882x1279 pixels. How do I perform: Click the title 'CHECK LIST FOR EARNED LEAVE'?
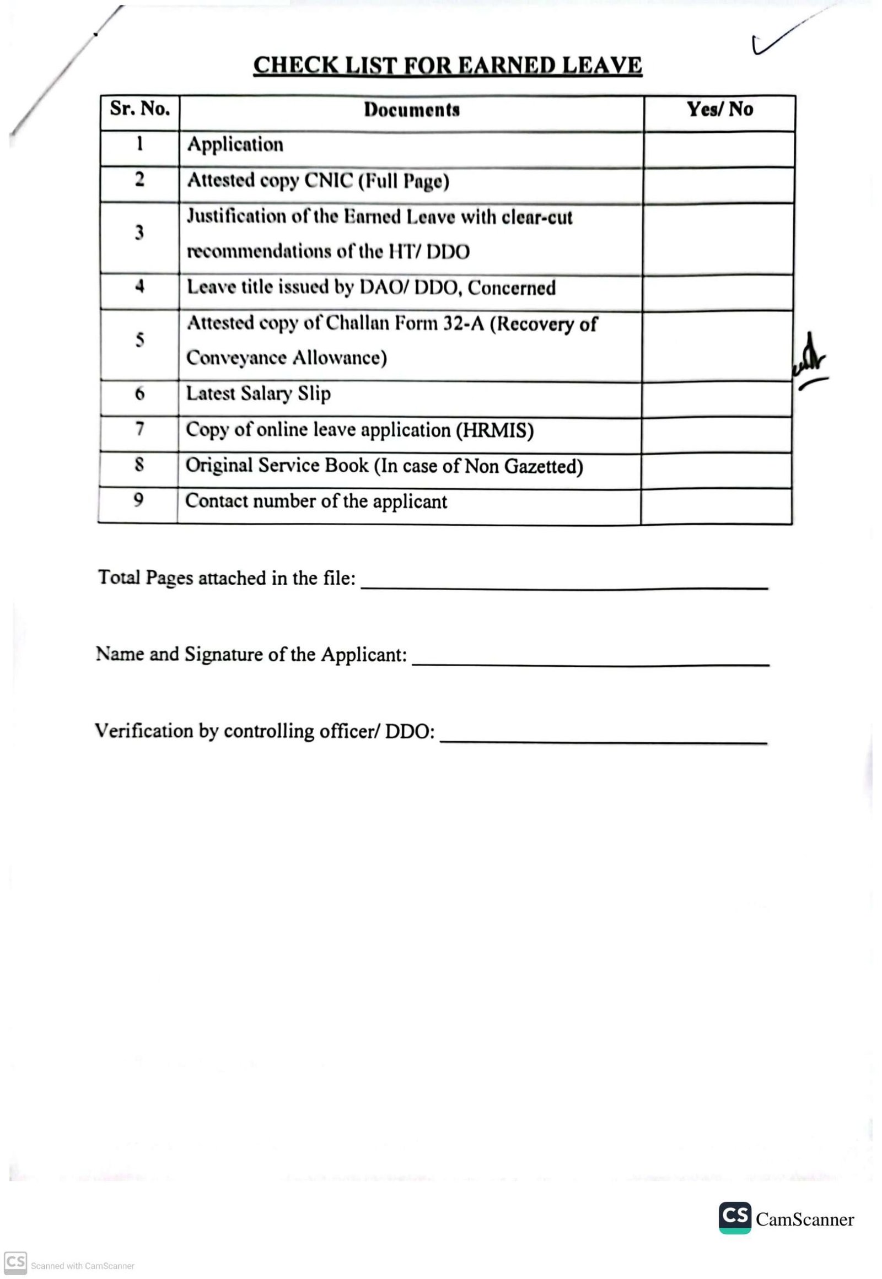448,65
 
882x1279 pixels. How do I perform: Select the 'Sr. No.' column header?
140,109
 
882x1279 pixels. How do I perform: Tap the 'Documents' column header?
412,110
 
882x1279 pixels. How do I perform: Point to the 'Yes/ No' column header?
719,109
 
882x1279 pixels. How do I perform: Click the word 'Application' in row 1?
235,145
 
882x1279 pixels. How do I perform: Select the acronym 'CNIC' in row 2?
328,181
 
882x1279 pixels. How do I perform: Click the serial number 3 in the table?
139,233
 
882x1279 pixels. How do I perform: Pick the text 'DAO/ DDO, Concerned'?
458,288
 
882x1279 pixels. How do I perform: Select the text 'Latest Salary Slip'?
258,393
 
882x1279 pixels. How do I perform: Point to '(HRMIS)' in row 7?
494,430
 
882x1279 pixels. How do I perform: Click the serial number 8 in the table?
139,465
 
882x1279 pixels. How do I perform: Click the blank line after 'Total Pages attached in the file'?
564,588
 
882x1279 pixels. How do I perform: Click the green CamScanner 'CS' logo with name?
786,1218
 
